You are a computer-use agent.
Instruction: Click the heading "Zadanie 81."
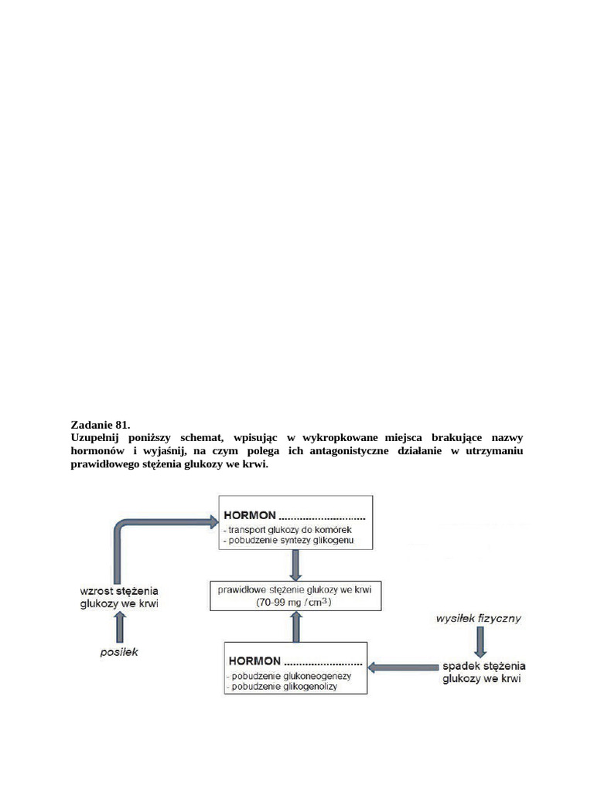pyautogui.click(x=101, y=425)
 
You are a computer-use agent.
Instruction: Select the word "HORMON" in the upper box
pyautogui.click(x=248, y=515)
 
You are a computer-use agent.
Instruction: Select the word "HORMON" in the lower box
pyautogui.click(x=254, y=661)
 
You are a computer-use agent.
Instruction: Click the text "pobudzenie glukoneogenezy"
pyautogui.click(x=290, y=676)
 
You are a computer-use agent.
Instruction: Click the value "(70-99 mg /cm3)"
pyautogui.click(x=295, y=603)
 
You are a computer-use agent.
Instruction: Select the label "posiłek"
pyautogui.click(x=120, y=652)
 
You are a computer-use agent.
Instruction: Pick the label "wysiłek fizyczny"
pyautogui.click(x=479, y=617)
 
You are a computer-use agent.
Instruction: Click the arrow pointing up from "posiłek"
pyautogui.click(x=120, y=627)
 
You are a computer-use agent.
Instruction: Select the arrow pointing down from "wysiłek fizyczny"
pyautogui.click(x=481, y=640)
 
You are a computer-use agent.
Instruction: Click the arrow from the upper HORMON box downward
pyautogui.click(x=295, y=565)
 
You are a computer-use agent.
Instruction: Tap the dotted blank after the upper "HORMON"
pyautogui.click(x=323, y=516)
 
